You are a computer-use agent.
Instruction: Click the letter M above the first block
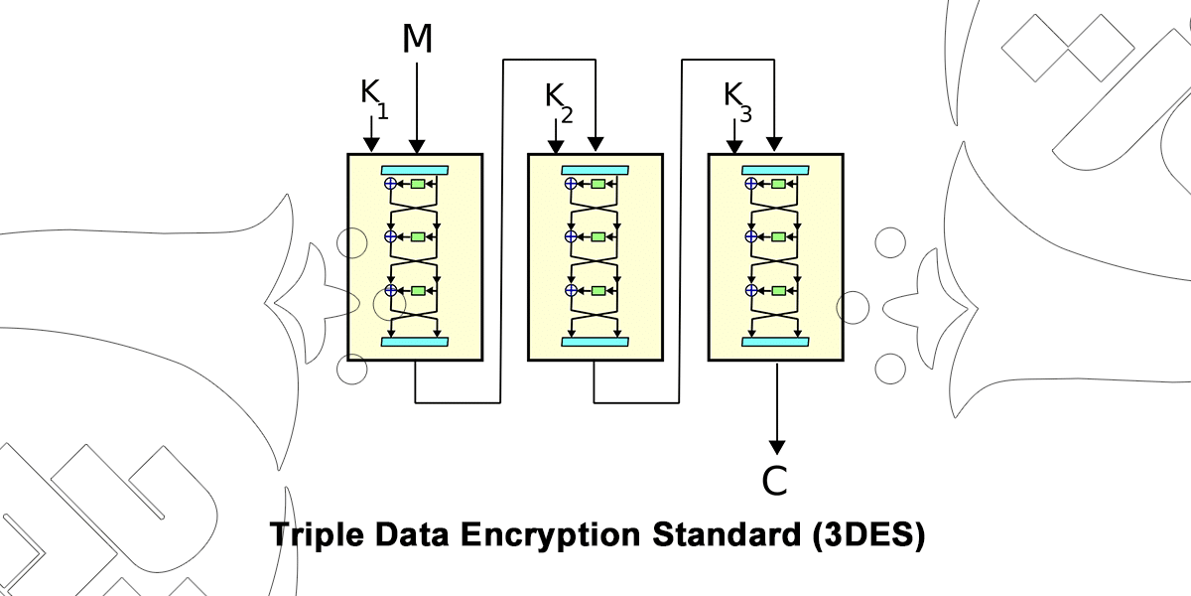click(x=417, y=39)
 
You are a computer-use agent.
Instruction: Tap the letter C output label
click(x=775, y=481)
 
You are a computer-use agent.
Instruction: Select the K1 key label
click(x=373, y=96)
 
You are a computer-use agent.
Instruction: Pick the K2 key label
click(x=558, y=99)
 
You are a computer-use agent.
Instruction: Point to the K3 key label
click(x=737, y=99)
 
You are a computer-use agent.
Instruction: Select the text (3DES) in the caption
click(x=867, y=535)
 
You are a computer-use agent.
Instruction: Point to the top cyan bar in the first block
click(x=415, y=170)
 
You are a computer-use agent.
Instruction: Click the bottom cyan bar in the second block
click(x=595, y=342)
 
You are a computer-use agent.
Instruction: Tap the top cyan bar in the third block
click(x=775, y=170)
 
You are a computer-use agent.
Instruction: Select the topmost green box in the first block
click(x=418, y=184)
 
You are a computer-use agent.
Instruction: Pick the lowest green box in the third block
click(x=778, y=290)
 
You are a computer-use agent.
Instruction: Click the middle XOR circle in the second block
click(x=571, y=236)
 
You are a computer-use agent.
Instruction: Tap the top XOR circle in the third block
click(x=751, y=184)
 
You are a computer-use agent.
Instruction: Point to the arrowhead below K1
click(x=372, y=146)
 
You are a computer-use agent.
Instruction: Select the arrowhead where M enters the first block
click(x=417, y=146)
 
